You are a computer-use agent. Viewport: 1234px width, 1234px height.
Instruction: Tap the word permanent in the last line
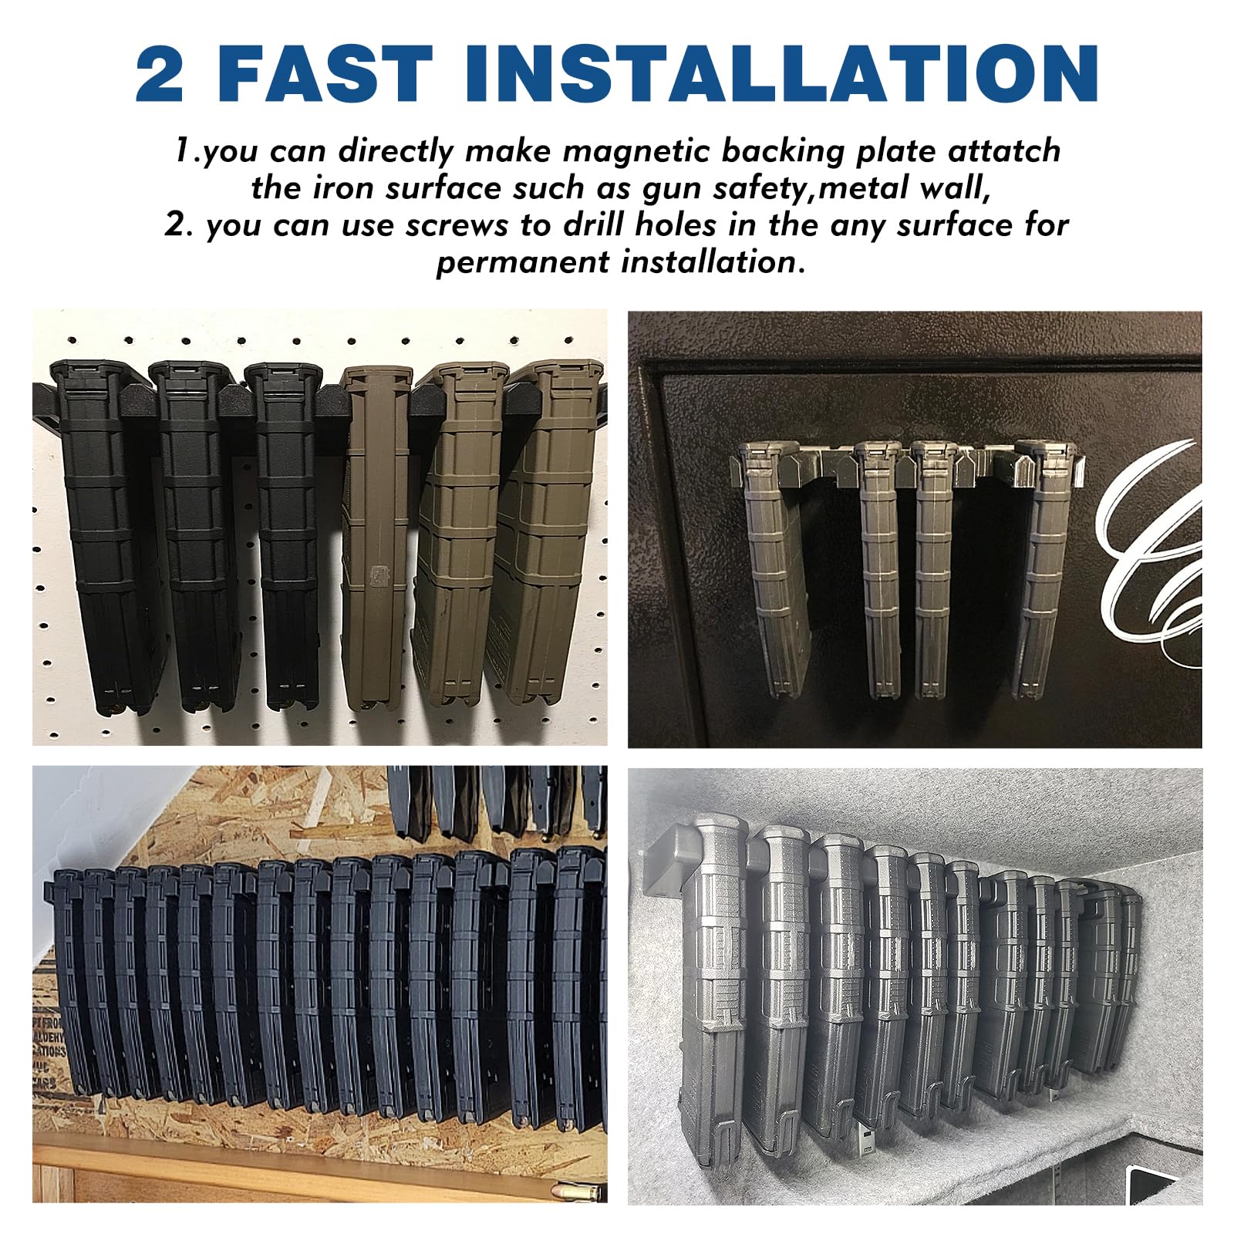524,263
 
